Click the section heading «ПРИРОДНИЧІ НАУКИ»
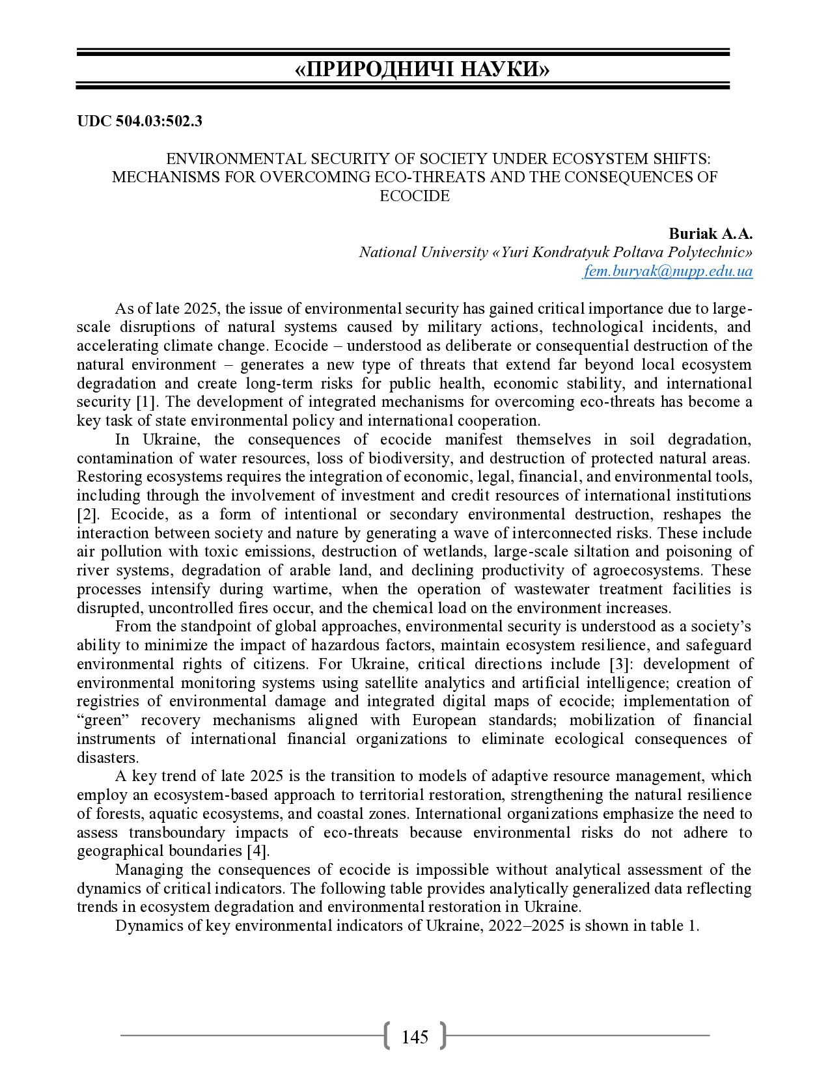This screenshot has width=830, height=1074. (422, 69)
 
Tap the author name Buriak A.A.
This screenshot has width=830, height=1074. (710, 234)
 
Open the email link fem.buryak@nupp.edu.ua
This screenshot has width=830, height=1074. (668, 271)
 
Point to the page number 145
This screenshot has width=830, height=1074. (415, 1037)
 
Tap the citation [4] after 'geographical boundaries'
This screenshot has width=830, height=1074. (258, 851)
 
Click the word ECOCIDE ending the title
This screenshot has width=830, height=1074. (415, 196)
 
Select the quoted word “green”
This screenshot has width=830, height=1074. (102, 721)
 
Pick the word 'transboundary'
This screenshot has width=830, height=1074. (176, 833)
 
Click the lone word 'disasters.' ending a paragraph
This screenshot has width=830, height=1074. (107, 758)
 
